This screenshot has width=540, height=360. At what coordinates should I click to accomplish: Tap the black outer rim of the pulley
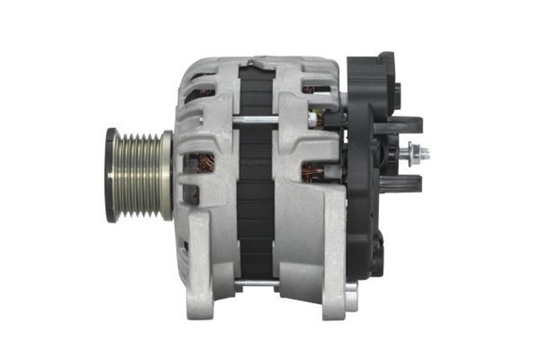pyautogui.click(x=111, y=175)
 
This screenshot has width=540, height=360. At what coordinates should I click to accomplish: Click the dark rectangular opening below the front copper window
pyautogui.click(x=191, y=195)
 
